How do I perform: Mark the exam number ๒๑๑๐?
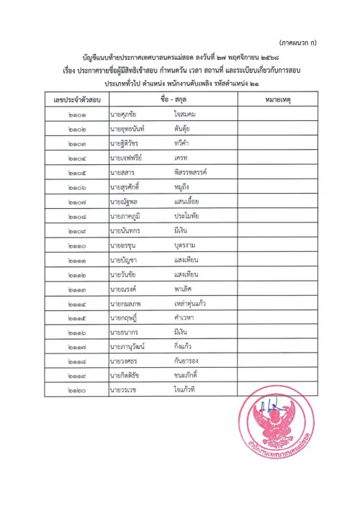click(72, 238)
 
